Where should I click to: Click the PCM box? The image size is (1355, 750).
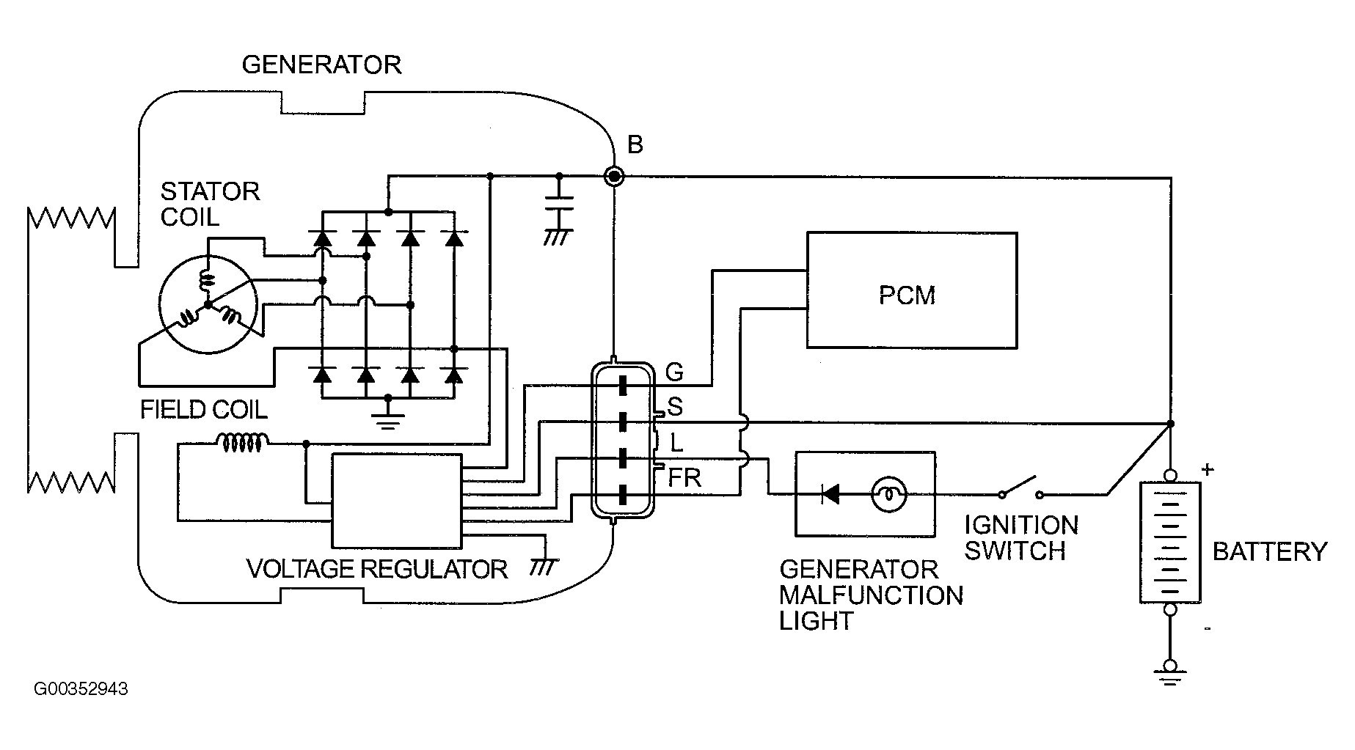pos(911,290)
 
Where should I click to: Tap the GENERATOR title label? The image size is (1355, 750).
pos(321,65)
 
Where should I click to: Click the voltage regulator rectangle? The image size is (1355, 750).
pos(397,501)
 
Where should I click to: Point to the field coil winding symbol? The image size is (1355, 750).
pos(242,442)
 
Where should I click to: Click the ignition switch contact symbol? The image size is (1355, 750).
pos(1020,487)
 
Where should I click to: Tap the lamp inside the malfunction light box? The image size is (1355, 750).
pos(888,495)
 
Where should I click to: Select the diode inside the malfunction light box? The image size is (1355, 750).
pos(831,495)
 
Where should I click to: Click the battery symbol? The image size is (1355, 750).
pos(1170,543)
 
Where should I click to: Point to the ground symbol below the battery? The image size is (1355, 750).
pos(1170,671)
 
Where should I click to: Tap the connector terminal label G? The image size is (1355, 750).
pos(674,372)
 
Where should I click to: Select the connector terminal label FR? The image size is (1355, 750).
pos(684,479)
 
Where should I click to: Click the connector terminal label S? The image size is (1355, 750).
pos(675,407)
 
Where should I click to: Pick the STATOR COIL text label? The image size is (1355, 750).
pos(210,205)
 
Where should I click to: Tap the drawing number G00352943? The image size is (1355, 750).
pos(81,689)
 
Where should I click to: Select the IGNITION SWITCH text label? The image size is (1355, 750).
pos(1020,537)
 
